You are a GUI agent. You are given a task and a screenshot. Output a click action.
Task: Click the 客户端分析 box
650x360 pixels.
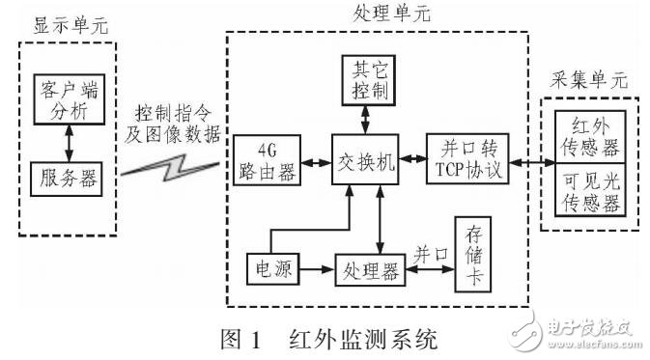tap(65, 99)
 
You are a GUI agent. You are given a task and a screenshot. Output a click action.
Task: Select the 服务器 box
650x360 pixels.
tap(65, 179)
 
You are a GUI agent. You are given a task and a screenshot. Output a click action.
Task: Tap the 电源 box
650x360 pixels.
tap(268, 265)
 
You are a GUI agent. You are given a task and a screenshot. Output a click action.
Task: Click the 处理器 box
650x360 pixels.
tap(368, 268)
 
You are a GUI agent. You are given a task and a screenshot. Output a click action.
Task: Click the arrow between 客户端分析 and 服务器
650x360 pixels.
tap(65, 140)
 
